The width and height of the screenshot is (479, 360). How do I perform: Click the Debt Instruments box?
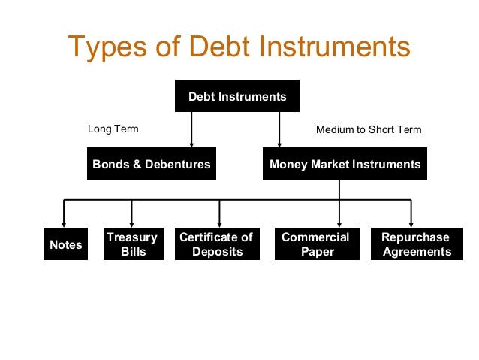[x=237, y=97]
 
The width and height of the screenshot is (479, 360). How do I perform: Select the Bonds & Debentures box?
[x=152, y=164]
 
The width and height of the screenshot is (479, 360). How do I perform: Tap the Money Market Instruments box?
[x=345, y=164]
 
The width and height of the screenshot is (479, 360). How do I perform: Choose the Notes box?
[x=65, y=245]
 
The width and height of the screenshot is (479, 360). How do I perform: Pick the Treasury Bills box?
[x=132, y=244]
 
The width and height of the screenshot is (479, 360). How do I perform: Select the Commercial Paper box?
[x=315, y=244]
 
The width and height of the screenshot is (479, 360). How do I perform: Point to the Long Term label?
[x=113, y=129]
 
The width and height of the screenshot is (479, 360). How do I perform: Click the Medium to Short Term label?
[x=369, y=129]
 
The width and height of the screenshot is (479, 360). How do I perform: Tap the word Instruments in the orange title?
[x=336, y=47]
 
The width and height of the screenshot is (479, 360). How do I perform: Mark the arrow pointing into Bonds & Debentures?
[x=191, y=143]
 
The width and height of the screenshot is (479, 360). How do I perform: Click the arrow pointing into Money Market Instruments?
[x=279, y=143]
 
